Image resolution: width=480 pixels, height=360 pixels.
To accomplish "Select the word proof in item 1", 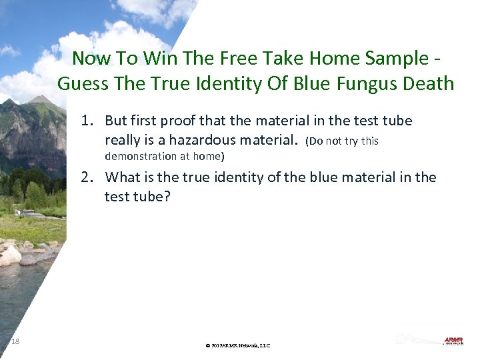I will [177, 121].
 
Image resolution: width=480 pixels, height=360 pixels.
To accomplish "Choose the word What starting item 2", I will [123, 177].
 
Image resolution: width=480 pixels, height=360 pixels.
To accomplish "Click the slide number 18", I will [16, 342].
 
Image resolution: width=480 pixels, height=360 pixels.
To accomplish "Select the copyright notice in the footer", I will [238, 345].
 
